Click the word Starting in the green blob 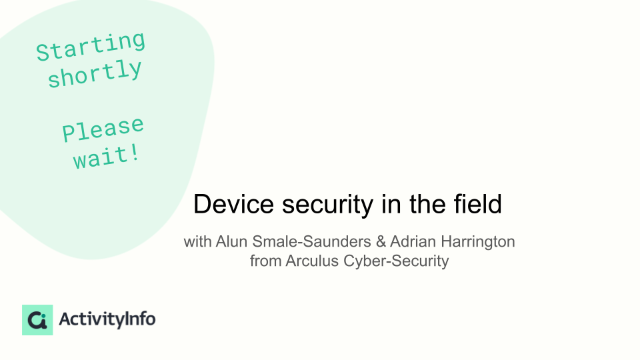(91, 46)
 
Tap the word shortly (95, 73)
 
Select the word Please (103, 129)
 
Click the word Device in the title (233, 204)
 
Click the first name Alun (231, 241)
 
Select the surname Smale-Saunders (311, 241)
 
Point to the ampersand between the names (381, 241)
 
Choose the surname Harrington (478, 242)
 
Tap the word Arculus (312, 261)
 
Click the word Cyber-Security (396, 261)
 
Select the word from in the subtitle (265, 261)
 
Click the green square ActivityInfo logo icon (37, 319)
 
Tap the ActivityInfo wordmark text (107, 319)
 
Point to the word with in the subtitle (197, 241)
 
